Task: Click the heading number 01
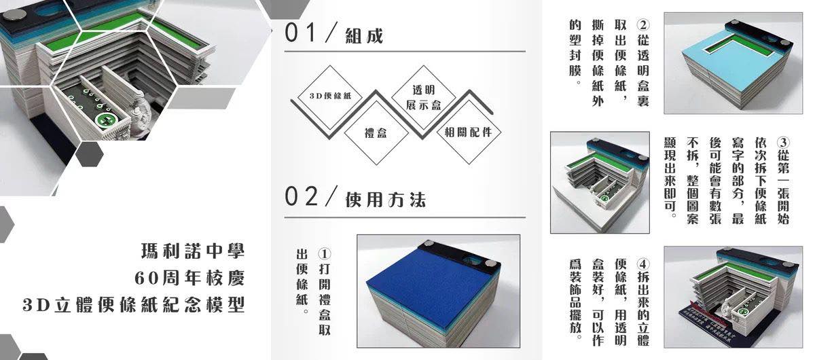[x=300, y=33]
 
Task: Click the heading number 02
[x=301, y=196]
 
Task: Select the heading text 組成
[x=364, y=36]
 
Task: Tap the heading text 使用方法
[x=385, y=200]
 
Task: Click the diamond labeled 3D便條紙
[x=330, y=96]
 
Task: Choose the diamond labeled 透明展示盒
[x=424, y=97]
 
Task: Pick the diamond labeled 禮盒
[x=376, y=133]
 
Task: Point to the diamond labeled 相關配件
[x=469, y=132]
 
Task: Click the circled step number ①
[x=324, y=254]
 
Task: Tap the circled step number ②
[x=643, y=24]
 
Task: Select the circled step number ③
[x=783, y=143]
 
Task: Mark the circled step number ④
[x=643, y=264]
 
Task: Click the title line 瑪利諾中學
[x=193, y=251]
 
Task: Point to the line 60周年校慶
[x=189, y=278]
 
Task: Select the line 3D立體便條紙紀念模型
[x=134, y=305]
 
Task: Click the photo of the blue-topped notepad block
[x=439, y=291]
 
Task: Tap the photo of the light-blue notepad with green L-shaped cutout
[x=733, y=63]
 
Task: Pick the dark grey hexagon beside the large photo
[x=90, y=154]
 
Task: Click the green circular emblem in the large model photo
[x=103, y=120]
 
